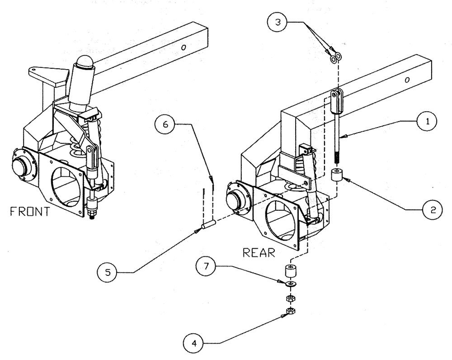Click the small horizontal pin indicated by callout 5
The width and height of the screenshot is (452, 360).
click(208, 224)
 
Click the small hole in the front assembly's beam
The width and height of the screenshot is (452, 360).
click(184, 47)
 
